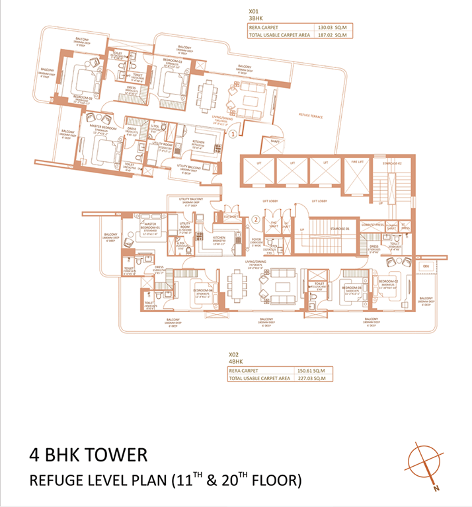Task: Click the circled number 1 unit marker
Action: [x=233, y=133]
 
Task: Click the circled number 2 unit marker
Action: [x=255, y=220]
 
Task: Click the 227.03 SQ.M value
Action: [x=311, y=379]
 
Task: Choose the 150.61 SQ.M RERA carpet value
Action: [x=311, y=371]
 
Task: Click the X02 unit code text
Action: [x=233, y=354]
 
